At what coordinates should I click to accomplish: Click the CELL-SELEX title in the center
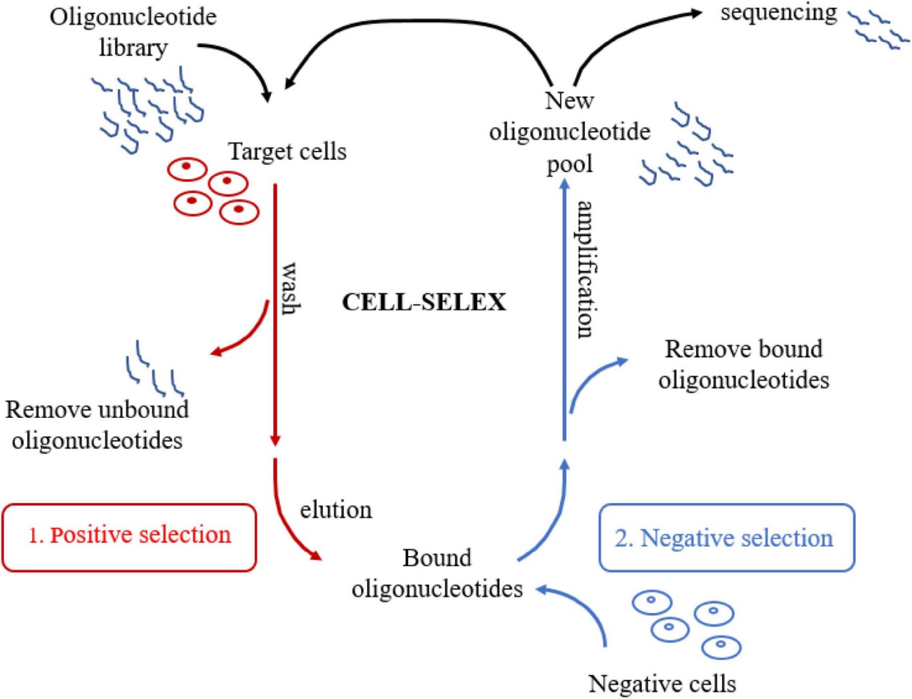[x=423, y=301]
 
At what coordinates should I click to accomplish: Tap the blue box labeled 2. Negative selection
[x=726, y=539]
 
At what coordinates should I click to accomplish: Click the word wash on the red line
[x=289, y=288]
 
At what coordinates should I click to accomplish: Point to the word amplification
[x=585, y=269]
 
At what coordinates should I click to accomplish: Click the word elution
[x=336, y=510]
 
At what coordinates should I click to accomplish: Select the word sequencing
[x=778, y=12]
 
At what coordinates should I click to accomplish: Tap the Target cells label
[x=287, y=152]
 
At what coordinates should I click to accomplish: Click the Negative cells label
[x=662, y=683]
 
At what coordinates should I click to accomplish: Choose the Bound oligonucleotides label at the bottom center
[x=437, y=573]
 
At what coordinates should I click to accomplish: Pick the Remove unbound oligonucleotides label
[x=97, y=425]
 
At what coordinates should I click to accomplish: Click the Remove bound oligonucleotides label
[x=744, y=364]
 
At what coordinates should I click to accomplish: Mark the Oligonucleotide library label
[x=133, y=32]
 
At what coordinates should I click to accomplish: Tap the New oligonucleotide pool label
[x=569, y=132]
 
